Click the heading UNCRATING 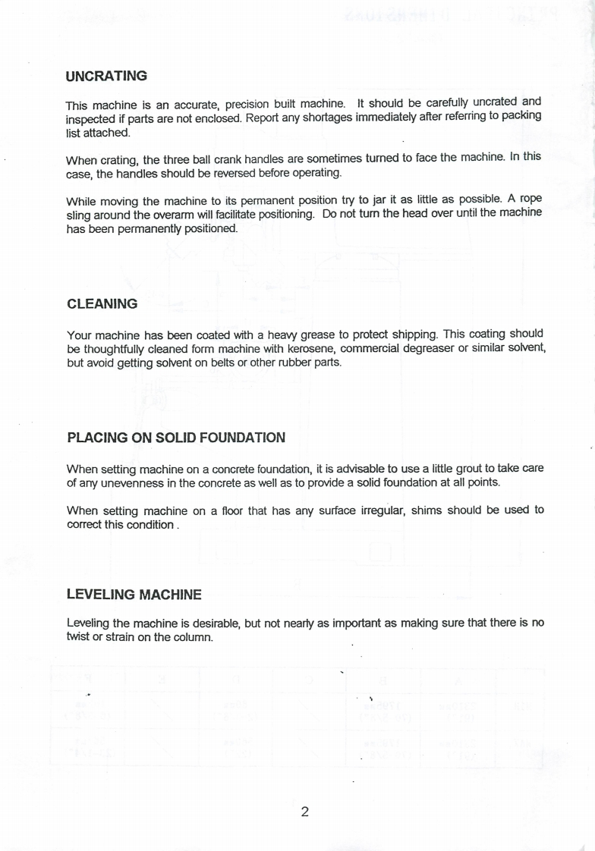[106, 77]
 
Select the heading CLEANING [102, 304]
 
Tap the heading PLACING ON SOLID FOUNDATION [176, 438]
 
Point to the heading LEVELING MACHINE [134, 594]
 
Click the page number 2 [304, 812]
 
